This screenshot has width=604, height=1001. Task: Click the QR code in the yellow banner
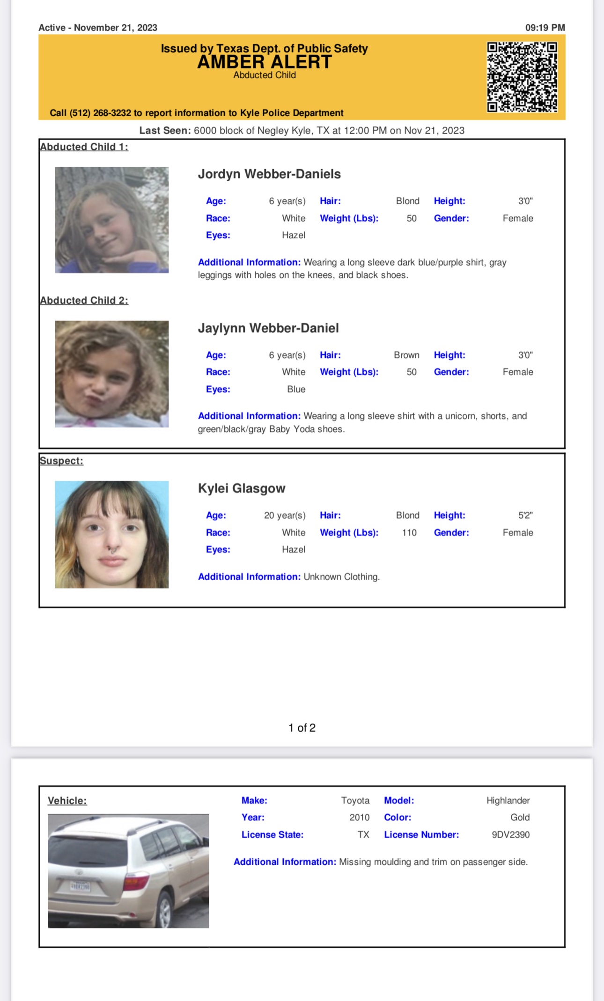522,77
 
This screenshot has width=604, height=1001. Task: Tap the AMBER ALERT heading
265,62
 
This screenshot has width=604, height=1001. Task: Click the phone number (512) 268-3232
100,113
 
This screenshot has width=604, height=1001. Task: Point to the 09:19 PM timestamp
545,28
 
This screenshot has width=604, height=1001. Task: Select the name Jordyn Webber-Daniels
269,174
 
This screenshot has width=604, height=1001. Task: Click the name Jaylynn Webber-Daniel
268,328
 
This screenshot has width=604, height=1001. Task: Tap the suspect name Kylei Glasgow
242,488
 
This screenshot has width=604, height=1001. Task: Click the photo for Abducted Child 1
111,220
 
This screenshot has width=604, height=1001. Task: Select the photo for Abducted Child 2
111,374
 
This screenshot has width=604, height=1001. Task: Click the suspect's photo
111,534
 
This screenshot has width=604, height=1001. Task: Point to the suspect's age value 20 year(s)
285,515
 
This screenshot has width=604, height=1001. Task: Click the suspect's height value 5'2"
525,515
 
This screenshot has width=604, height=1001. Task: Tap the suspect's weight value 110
409,533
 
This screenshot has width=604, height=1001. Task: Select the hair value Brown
406,355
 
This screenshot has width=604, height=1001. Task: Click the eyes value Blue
296,390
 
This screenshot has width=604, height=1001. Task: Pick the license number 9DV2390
510,835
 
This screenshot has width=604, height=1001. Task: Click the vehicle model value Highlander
508,801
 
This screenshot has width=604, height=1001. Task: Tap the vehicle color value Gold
520,817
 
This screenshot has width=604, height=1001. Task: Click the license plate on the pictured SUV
80,886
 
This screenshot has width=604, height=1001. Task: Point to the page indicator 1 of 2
302,728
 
